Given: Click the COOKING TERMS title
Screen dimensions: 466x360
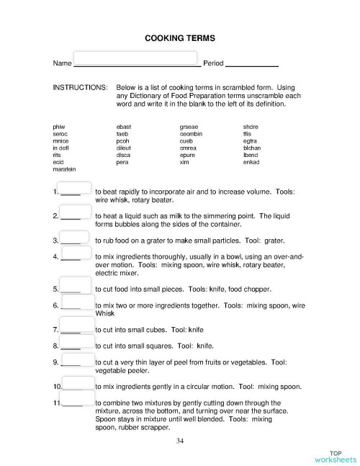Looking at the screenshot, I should click(179, 37).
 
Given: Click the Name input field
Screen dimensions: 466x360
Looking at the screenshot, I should click(135, 58).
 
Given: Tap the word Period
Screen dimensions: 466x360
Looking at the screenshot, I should click(214, 64).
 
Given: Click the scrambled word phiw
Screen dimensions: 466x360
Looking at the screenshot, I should click(59, 127).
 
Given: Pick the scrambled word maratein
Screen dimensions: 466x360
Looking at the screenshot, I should click(65, 169).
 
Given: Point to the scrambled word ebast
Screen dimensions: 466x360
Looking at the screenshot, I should click(123, 127).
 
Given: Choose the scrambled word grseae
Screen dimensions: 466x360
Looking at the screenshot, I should click(189, 127).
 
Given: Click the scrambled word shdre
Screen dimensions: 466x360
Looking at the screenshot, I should click(251, 127).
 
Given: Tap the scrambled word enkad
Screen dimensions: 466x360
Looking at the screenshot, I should click(251, 162).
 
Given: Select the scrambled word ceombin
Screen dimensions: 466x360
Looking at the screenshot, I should click(192, 134).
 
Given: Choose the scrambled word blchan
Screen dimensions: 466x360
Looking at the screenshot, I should click(253, 148).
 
